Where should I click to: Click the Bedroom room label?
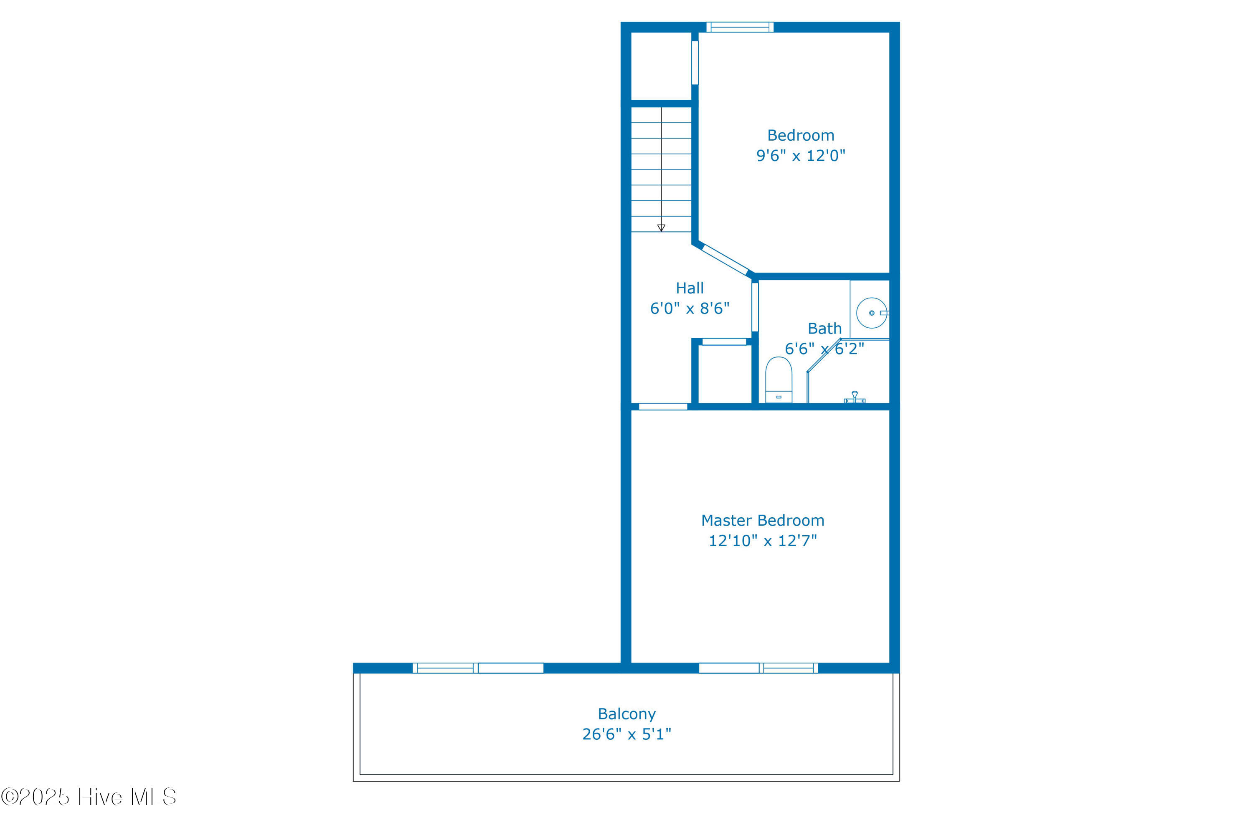pos(800,135)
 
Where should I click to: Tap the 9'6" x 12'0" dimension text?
pos(800,155)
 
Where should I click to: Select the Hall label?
pos(690,288)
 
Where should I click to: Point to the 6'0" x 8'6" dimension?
pos(690,309)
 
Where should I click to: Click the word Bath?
pos(824,329)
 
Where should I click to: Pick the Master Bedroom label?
pos(762,520)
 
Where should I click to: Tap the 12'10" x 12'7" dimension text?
pos(762,541)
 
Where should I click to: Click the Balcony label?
pos(626,714)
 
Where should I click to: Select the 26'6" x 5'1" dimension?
pos(626,734)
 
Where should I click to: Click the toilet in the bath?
pos(779,380)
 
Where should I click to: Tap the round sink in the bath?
pos(872,313)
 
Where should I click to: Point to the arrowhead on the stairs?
pos(661,228)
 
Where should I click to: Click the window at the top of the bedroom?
pos(739,27)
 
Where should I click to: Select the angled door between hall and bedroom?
pos(725,259)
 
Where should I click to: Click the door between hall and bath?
pos(755,307)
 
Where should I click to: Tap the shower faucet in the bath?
pos(855,397)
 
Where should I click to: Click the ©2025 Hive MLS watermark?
pos(89,797)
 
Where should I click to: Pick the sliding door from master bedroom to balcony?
pos(758,668)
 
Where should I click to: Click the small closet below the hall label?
pos(725,374)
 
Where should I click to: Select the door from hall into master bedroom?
pos(663,407)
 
